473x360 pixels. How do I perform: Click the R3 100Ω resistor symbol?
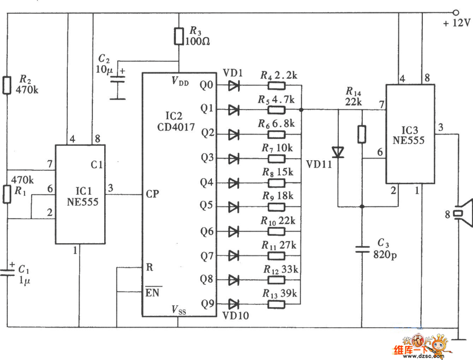click(x=179, y=36)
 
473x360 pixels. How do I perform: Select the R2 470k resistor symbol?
click(x=7, y=85)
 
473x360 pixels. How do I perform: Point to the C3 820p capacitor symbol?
click(x=362, y=249)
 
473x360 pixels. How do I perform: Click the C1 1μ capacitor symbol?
click(x=7, y=272)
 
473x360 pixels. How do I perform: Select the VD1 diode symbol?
click(x=234, y=86)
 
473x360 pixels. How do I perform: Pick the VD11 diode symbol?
click(x=338, y=152)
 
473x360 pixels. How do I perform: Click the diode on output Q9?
click(x=234, y=304)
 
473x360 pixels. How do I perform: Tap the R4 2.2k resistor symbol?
click(x=277, y=86)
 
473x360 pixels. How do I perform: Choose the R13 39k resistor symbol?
click(x=277, y=304)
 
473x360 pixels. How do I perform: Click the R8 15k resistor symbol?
click(x=277, y=183)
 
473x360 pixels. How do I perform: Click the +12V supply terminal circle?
click(x=456, y=13)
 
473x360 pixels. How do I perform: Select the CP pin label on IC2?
click(x=152, y=194)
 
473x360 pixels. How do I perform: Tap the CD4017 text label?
click(x=176, y=127)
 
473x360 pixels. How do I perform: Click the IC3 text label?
click(x=410, y=130)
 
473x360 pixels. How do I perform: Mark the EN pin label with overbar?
click(x=152, y=292)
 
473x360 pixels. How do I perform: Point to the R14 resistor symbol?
click(x=362, y=134)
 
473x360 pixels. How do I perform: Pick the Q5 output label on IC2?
click(x=206, y=205)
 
